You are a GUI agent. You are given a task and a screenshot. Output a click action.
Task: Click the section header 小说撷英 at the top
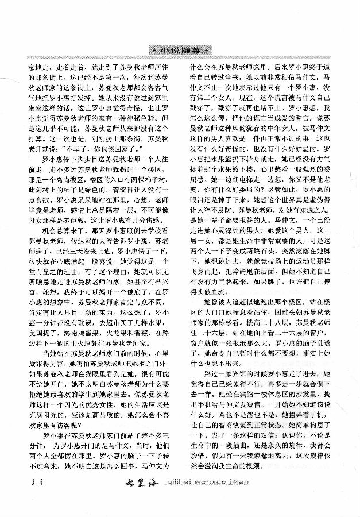179,49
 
